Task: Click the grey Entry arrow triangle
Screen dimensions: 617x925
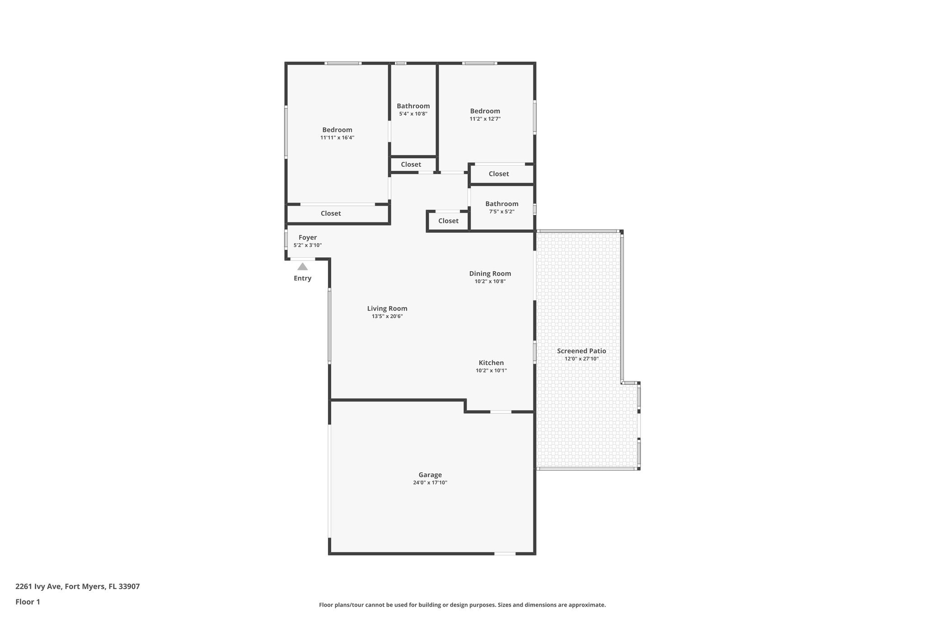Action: [x=303, y=267]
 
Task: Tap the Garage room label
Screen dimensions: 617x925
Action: [x=430, y=475]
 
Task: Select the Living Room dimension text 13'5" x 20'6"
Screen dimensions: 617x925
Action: [x=387, y=316]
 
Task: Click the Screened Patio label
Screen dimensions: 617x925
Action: [x=581, y=351]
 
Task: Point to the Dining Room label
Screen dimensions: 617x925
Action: [x=490, y=273]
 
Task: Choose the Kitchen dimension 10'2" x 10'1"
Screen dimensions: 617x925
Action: [x=491, y=371]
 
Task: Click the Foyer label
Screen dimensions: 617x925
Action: [x=308, y=237]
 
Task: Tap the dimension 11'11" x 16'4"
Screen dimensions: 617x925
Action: [x=337, y=138]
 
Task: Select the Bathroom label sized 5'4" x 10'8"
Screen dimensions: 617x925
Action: [x=413, y=106]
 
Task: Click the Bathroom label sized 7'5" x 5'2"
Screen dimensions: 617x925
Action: [x=502, y=204]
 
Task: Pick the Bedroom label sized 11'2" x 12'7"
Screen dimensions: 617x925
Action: [x=485, y=111]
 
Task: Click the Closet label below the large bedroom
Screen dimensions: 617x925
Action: [x=331, y=213]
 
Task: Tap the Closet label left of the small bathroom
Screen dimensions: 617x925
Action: [x=448, y=221]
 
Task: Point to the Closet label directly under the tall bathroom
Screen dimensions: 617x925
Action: [x=411, y=165]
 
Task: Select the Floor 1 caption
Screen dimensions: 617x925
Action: [x=28, y=602]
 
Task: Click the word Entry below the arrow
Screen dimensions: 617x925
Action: [x=303, y=278]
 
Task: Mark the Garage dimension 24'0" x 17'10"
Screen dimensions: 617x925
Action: [x=430, y=483]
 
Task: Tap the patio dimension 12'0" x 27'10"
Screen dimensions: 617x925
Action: [x=581, y=359]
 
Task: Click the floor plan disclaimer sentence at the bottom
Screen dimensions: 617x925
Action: [x=462, y=605]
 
